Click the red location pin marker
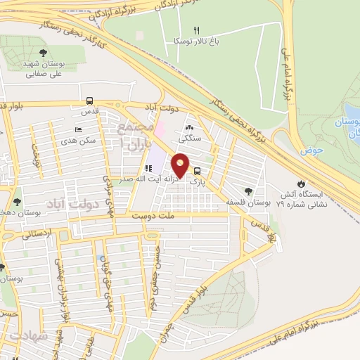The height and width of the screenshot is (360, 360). tap(181, 165)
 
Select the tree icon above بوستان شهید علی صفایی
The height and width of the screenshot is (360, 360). tap(44, 53)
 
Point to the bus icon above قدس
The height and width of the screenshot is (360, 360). tap(89, 101)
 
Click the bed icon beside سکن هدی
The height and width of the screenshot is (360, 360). tap(78, 130)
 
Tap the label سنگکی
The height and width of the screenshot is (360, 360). tap(190, 139)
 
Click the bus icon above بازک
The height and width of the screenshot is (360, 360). tap(197, 170)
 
